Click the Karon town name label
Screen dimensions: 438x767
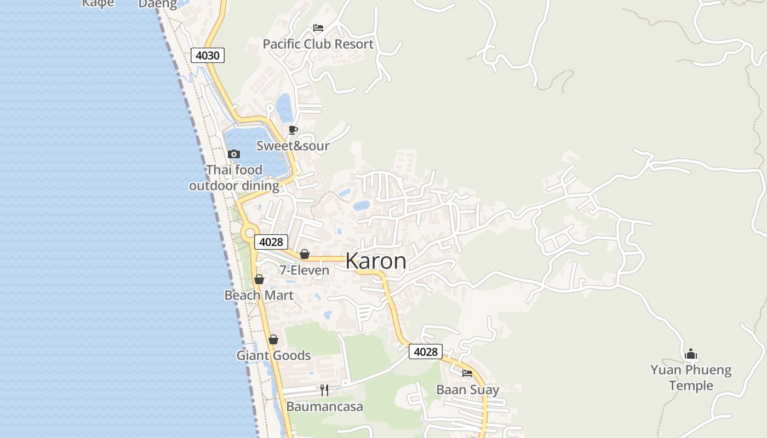click(x=376, y=261)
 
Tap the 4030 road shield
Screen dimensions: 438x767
click(x=208, y=55)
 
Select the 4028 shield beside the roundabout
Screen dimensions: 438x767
click(x=271, y=242)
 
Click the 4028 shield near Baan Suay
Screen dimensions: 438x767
click(x=425, y=351)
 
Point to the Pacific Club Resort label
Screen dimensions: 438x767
click(x=318, y=44)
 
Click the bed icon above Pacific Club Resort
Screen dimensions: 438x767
click(x=318, y=28)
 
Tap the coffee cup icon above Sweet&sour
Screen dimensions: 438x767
click(x=293, y=130)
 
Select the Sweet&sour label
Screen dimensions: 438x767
click(x=293, y=146)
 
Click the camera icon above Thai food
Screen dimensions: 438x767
click(x=234, y=154)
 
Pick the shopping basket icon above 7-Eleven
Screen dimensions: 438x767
click(x=305, y=254)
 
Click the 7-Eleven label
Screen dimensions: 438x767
click(x=305, y=270)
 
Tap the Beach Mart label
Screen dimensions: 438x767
click(x=259, y=295)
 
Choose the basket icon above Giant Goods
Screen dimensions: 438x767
click(x=273, y=339)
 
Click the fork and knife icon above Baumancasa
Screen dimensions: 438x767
click(x=324, y=390)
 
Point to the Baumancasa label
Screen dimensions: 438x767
click(x=324, y=407)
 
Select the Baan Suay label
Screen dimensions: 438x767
click(x=467, y=390)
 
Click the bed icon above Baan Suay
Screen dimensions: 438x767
click(x=467, y=373)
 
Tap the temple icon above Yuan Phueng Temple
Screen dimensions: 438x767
click(x=691, y=354)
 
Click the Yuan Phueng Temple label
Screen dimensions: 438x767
click(x=691, y=378)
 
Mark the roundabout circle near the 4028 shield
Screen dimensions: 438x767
click(x=250, y=234)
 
